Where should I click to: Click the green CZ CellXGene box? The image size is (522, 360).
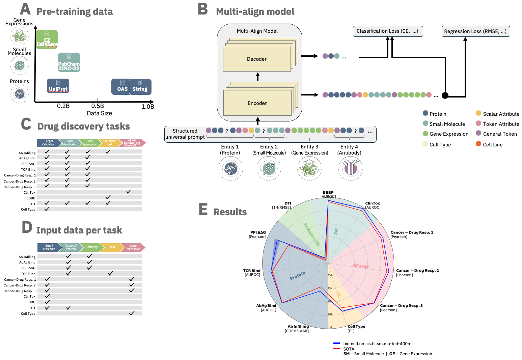pos(47,39)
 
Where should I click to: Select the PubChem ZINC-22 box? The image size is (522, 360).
pos(69,62)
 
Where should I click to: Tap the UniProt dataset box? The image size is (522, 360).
pos(58,86)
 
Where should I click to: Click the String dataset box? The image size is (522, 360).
pos(140,87)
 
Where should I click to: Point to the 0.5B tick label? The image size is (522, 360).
pos(98,106)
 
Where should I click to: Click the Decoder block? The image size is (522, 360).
pos(257,59)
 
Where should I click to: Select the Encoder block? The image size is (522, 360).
pos(257,103)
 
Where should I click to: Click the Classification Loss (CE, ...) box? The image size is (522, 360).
pos(387,31)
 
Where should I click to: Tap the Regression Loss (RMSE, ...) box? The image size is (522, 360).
pos(475,31)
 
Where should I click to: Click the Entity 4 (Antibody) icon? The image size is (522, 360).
pos(350,168)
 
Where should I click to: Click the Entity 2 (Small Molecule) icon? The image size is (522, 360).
pos(269,168)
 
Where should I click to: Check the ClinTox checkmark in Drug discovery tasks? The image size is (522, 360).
pos(129,192)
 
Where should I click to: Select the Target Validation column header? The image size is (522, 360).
pos(48,143)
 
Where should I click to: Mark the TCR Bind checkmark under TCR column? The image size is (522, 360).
pos(110,273)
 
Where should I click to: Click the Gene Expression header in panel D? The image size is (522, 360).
pos(133,247)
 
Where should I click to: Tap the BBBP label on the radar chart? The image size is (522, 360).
pos(328,193)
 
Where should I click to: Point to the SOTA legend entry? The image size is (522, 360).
pos(349,349)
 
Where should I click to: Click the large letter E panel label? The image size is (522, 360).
pos(203,209)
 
